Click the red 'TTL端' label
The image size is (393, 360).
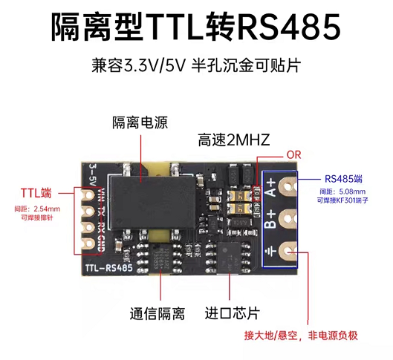36,193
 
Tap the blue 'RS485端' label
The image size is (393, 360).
343,179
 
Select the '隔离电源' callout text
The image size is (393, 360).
140,122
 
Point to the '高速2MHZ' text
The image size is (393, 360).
234,140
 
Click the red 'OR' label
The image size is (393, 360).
293,155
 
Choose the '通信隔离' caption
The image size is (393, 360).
157,313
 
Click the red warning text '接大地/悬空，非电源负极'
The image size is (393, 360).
301,336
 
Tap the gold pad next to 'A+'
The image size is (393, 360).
289,186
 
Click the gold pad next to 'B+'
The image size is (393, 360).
289,219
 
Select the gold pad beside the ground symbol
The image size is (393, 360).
289,252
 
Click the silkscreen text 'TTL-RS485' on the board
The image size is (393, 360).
109,268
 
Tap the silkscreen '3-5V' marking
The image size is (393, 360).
93,174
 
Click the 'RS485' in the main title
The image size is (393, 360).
288,27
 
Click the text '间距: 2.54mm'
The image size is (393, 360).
37,209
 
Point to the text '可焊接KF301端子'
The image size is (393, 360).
342,200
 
